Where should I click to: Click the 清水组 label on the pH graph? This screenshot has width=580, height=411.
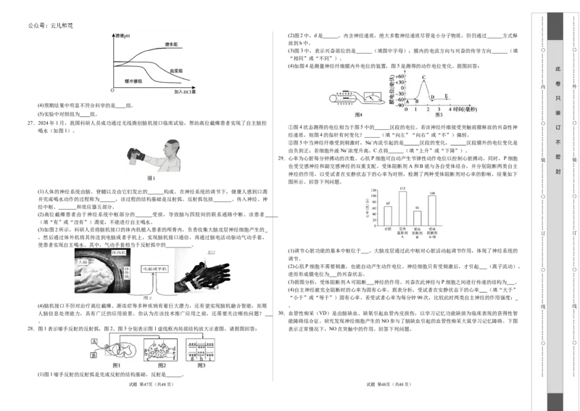pos(172,45)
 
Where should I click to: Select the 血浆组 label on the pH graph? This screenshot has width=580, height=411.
pos(175,70)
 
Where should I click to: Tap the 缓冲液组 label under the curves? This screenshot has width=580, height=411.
pos(133,81)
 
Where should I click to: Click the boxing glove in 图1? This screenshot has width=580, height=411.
pos(137,154)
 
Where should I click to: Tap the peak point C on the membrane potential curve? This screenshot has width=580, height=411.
pos(423,77)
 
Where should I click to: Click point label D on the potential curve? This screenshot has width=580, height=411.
pos(432,97)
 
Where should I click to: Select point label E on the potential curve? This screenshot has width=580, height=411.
pos(446,97)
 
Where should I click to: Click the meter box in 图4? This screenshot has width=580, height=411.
pos(373,97)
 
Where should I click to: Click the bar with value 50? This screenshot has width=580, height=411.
pos(417,218)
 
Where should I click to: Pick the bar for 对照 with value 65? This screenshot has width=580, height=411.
pos(389,216)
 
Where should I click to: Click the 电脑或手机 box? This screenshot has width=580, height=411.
pos(155,269)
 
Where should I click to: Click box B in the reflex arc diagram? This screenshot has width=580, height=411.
pos(94,356)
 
